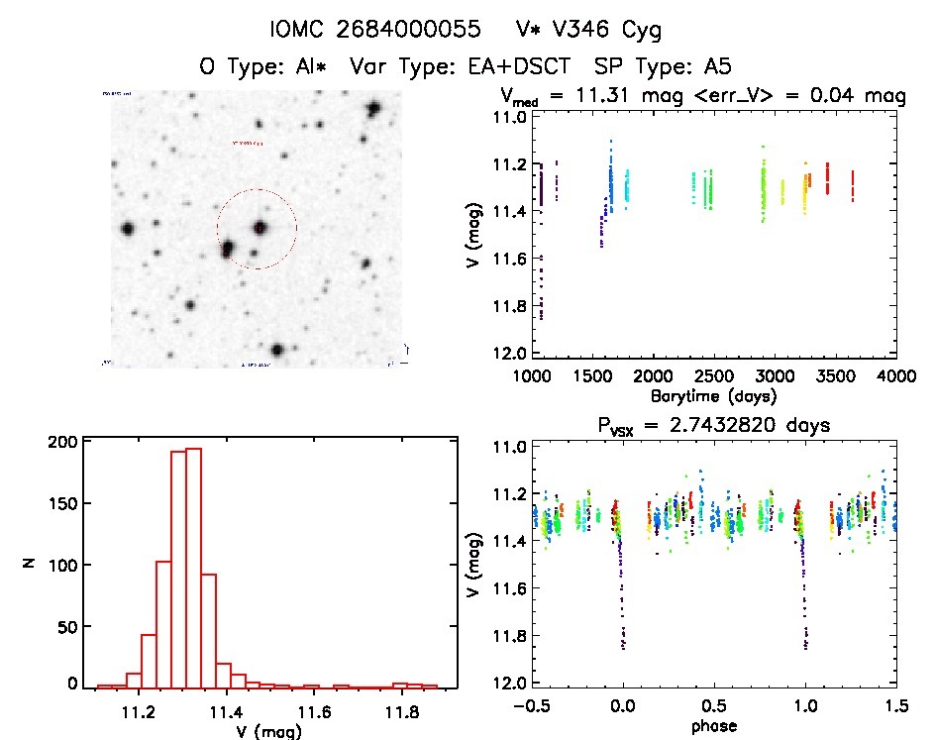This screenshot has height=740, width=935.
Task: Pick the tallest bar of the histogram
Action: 192,567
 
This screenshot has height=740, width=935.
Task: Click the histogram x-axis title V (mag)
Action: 257,732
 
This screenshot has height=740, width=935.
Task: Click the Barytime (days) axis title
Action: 711,395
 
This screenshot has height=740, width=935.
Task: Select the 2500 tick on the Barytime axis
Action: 712,376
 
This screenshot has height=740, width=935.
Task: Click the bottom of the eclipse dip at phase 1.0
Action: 805,647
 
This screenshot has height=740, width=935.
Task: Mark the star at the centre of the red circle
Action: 260,228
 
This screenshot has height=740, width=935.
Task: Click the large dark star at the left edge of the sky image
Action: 128,229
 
